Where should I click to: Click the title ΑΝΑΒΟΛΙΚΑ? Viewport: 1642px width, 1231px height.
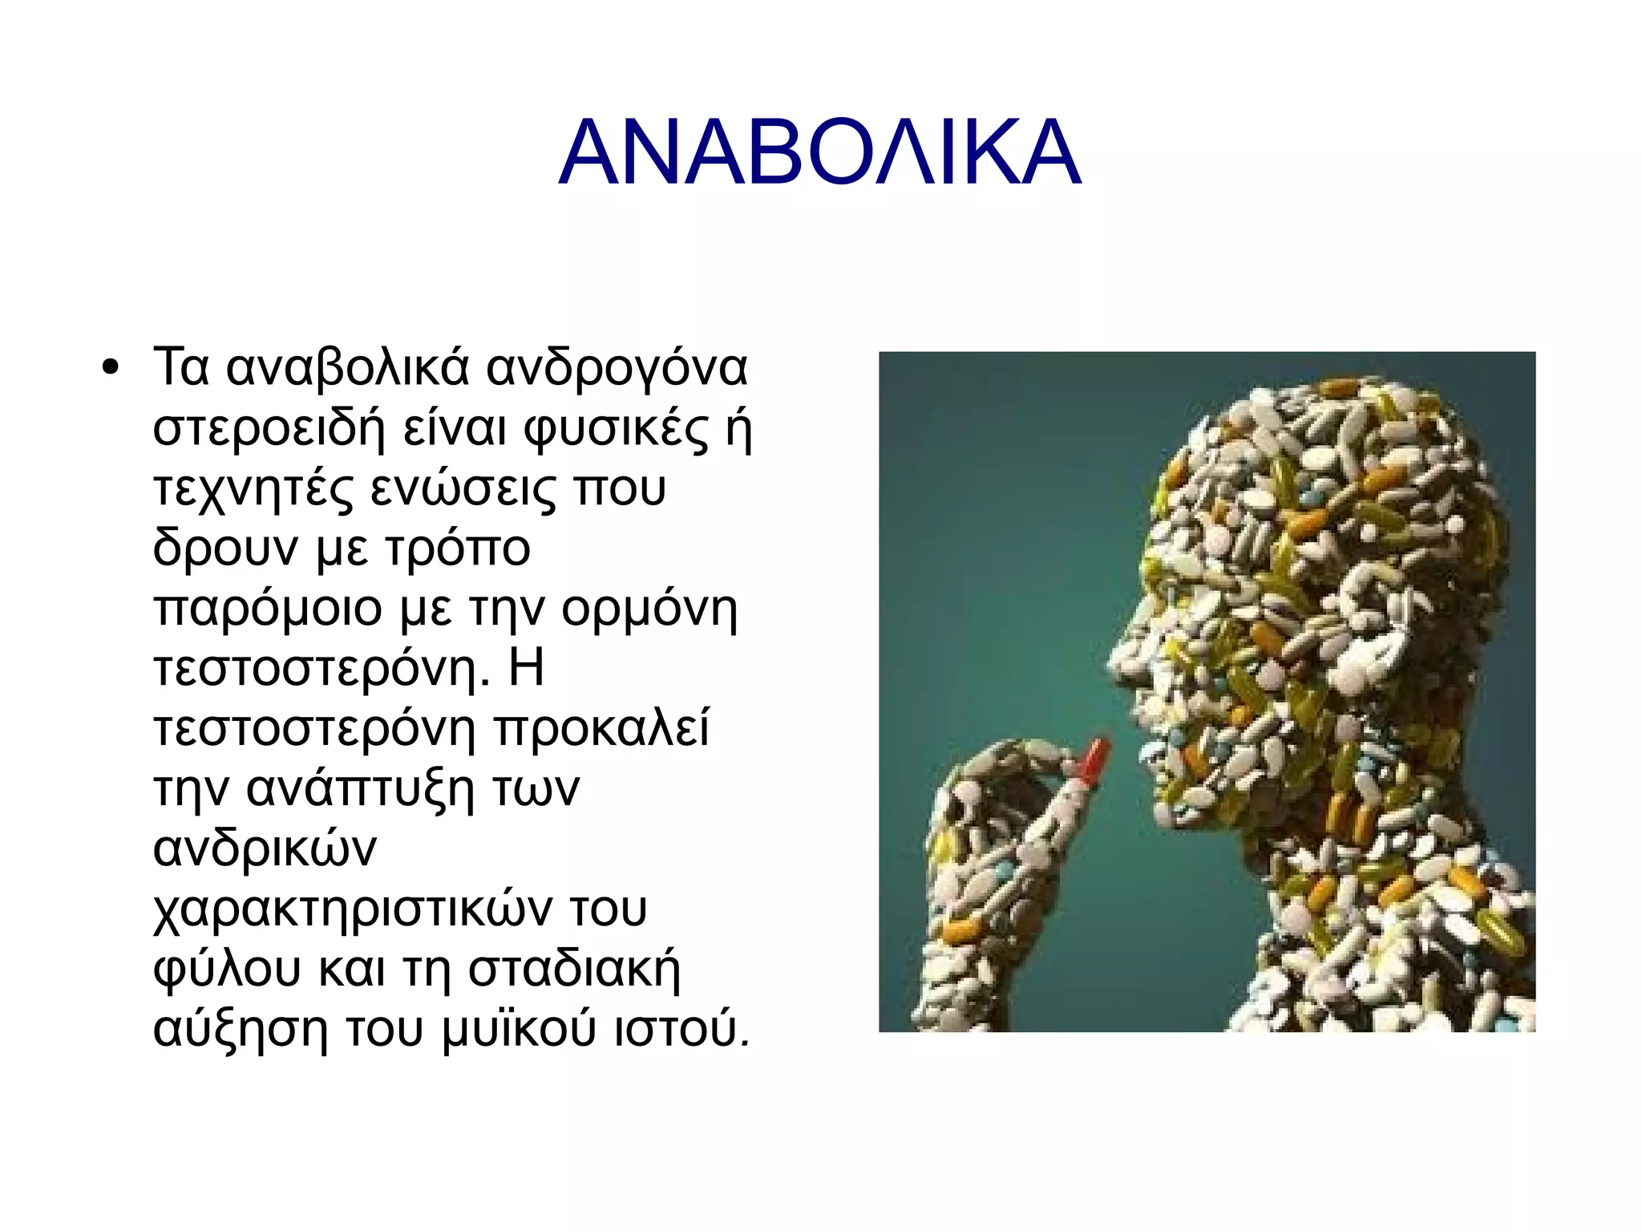tap(819, 153)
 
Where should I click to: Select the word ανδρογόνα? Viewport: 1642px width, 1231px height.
tap(617, 368)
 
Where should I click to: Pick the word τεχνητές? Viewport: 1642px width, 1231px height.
tap(253, 488)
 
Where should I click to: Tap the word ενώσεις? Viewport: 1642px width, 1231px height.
tap(463, 488)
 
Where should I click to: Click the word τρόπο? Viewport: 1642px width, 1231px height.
tap(457, 549)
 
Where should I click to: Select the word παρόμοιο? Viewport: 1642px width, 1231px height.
tap(267, 609)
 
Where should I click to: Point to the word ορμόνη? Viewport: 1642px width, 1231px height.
tap(649, 609)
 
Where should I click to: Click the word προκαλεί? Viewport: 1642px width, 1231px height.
tap(601, 729)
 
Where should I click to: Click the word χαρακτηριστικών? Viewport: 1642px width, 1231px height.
tap(353, 909)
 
